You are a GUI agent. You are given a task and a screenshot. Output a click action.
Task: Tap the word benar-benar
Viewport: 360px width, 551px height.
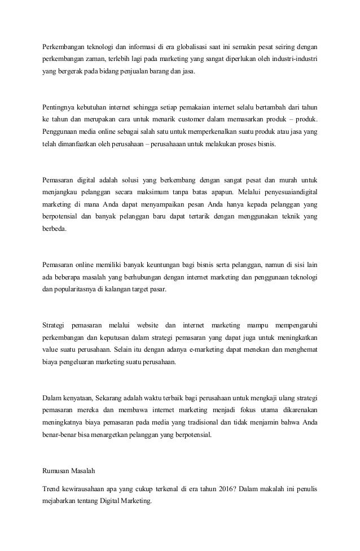coord(60,435)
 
